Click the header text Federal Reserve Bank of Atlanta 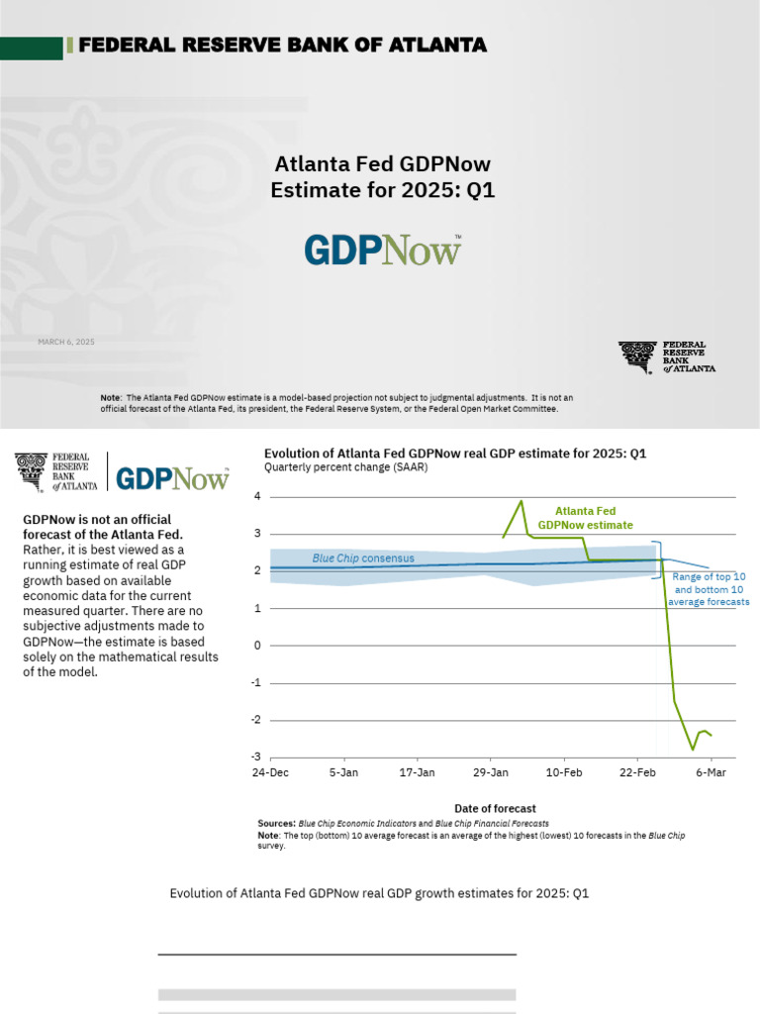point(282,46)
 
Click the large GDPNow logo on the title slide point(382,251)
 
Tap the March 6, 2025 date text point(66,342)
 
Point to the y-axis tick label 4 point(256,496)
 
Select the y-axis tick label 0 point(256,646)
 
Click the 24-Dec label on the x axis point(270,772)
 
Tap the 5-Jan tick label point(343,772)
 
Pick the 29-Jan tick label point(491,772)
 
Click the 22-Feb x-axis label point(637,772)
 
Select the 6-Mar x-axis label point(711,772)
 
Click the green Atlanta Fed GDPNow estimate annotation point(585,518)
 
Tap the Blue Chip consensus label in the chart point(363,558)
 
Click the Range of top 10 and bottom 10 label point(709,588)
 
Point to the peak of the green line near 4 point(522,501)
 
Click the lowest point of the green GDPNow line point(692,749)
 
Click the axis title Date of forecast point(495,809)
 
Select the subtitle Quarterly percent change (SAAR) point(345,467)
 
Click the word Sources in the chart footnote point(276,823)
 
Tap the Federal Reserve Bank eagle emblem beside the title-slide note point(637,356)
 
